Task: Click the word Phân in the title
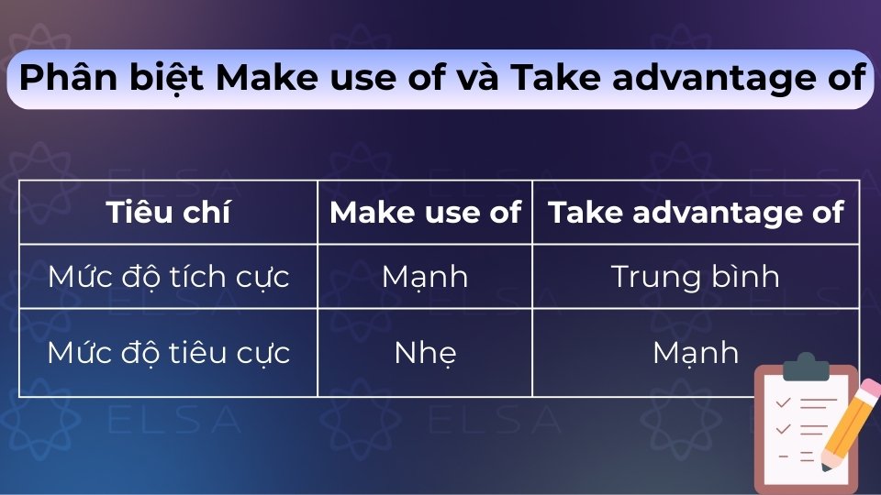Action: (63, 79)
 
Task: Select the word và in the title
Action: (475, 79)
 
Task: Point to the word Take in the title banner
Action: (551, 79)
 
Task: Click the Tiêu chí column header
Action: (168, 213)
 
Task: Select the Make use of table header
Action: (425, 213)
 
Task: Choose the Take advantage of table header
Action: (696, 213)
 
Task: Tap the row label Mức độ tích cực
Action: (168, 276)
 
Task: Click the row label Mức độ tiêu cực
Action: (168, 353)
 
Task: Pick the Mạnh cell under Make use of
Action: (425, 276)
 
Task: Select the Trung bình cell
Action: (696, 276)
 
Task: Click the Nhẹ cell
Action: (425, 353)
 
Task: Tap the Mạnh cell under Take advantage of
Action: (696, 353)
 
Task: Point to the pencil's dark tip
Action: (827, 465)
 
